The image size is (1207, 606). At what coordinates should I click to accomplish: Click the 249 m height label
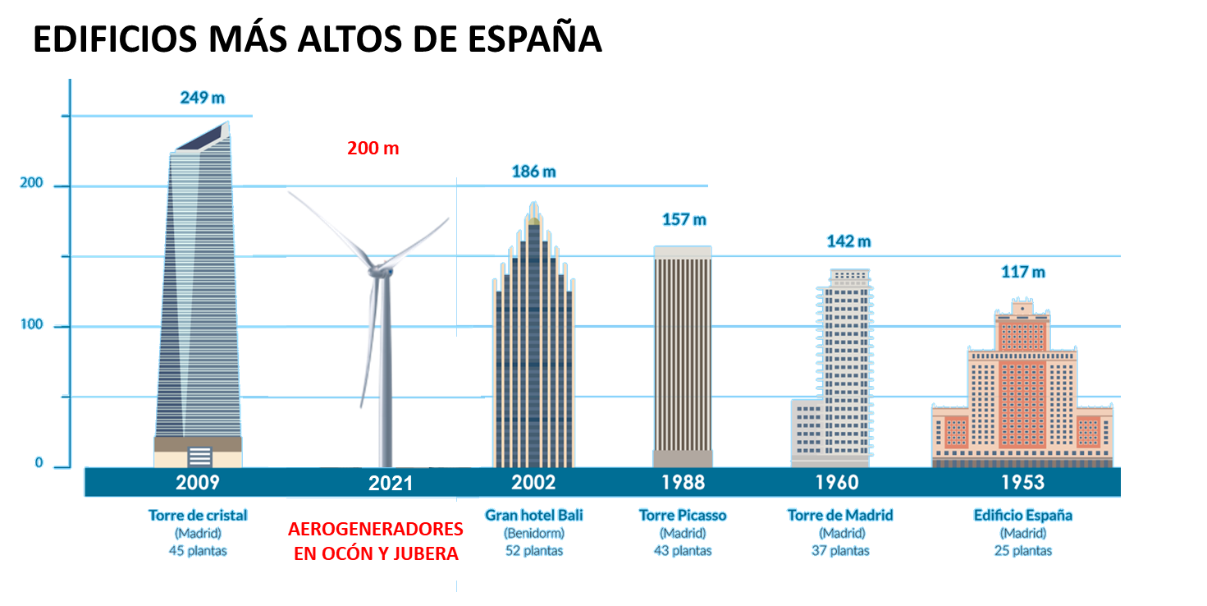point(202,99)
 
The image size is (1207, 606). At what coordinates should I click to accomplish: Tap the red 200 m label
point(373,149)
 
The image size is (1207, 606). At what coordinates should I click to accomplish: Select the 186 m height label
point(533,172)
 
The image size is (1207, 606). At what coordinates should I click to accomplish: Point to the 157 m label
point(684,220)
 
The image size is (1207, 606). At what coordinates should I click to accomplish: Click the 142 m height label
point(848,241)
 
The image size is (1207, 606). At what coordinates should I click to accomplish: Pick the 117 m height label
point(1022,272)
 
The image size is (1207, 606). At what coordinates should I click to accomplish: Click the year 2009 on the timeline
point(198,482)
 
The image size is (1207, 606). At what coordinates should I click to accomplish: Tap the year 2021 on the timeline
point(391,483)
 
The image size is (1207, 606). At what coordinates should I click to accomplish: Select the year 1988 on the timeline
point(683,482)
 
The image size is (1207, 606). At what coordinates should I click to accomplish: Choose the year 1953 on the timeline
point(1022,482)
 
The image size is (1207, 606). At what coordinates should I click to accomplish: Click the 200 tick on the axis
point(32,184)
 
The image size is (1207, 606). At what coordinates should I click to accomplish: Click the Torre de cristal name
point(198,516)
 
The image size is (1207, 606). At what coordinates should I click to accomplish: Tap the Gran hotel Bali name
point(534,516)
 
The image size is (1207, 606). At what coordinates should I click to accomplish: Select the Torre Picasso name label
point(683,516)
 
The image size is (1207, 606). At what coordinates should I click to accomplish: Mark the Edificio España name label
point(1022,516)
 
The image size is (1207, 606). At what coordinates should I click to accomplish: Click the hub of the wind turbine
point(379,269)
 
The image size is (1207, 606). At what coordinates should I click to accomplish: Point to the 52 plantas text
point(534,551)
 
